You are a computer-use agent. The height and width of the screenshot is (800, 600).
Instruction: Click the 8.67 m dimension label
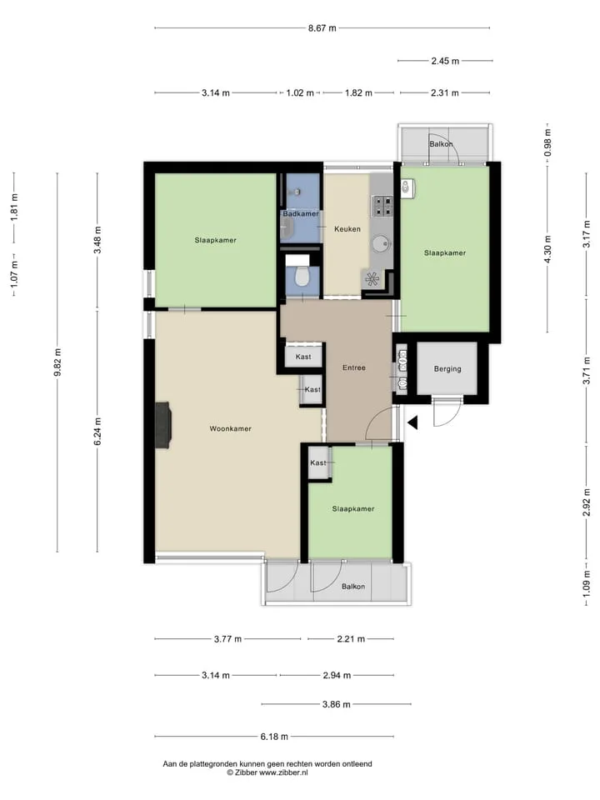[x=322, y=28]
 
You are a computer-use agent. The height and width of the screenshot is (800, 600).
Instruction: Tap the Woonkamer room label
[x=231, y=428]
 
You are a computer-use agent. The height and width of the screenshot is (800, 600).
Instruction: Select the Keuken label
[x=347, y=229]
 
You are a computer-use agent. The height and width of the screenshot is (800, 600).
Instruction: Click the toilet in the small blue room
[x=302, y=277]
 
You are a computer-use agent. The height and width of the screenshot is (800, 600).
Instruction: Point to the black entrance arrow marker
[x=412, y=422]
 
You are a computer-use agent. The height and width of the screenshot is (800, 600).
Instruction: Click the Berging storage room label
[x=447, y=369]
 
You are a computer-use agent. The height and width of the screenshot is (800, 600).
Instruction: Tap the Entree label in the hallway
[x=354, y=367]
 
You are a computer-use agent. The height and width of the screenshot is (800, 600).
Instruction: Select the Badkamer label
[x=301, y=214]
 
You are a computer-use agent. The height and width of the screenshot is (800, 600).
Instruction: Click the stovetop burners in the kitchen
[x=382, y=206]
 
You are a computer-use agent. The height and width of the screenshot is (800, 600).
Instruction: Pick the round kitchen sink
[x=381, y=244]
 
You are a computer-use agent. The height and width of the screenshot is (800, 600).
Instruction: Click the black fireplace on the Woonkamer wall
[x=162, y=425]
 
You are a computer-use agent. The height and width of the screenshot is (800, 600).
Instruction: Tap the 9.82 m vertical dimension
[x=57, y=362]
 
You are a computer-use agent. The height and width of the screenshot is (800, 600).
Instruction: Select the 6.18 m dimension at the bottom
[x=274, y=736]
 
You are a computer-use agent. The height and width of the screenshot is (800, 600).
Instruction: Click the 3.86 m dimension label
[x=336, y=704]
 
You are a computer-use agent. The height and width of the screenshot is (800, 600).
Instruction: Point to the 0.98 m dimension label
[x=548, y=142]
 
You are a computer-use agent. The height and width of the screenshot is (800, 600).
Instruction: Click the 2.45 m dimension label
[x=445, y=61]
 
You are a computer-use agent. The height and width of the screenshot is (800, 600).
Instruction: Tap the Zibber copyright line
[x=267, y=772]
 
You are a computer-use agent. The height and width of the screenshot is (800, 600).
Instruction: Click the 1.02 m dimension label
[x=300, y=92]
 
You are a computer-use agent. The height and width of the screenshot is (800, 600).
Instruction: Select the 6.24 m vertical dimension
[x=97, y=431]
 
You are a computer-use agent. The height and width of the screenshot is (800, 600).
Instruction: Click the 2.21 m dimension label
[x=351, y=638]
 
